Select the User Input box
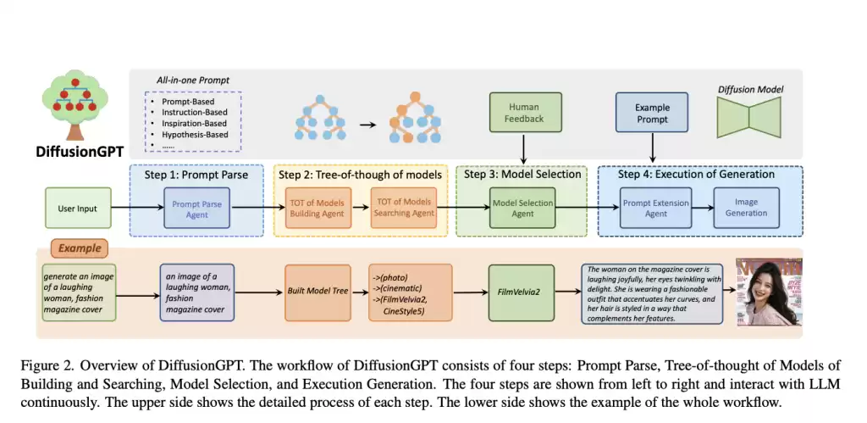pyautogui.click(x=77, y=209)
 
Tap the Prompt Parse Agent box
pyautogui.click(x=197, y=209)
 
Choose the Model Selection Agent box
pyautogui.click(x=522, y=209)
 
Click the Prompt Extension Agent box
pyautogui.click(x=656, y=209)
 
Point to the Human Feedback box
pyautogui.click(x=523, y=114)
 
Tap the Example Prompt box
pyautogui.click(x=652, y=114)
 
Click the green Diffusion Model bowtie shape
pyautogui.click(x=749, y=114)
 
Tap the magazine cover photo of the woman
pyautogui.click(x=768, y=291)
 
